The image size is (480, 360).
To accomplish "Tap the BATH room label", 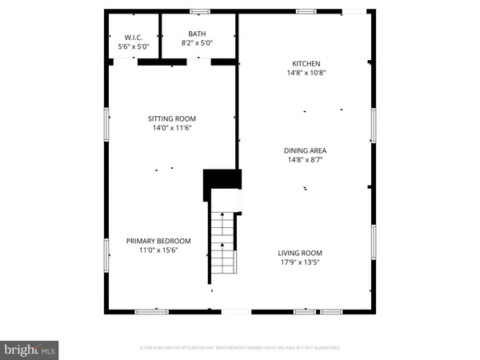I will pyautogui.click(x=197, y=34).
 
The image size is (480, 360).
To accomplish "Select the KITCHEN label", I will pyautogui.click(x=306, y=63).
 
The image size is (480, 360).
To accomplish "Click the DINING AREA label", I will pyautogui.click(x=306, y=150).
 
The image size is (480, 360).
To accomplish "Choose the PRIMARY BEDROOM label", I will pyautogui.click(x=158, y=241).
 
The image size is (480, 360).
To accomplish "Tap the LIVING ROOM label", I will pyautogui.click(x=302, y=253).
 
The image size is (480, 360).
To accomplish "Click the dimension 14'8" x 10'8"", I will pyautogui.click(x=306, y=73).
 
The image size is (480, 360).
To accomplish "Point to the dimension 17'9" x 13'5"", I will pyautogui.click(x=302, y=262).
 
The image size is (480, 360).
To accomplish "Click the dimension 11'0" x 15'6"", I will pyautogui.click(x=158, y=250).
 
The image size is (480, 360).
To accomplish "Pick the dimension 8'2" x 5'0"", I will pyautogui.click(x=197, y=43).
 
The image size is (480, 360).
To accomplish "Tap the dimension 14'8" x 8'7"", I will pyautogui.click(x=306, y=159).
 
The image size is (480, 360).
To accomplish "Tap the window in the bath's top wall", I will pyautogui.click(x=200, y=11).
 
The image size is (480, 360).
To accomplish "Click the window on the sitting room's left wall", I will pyautogui.click(x=106, y=125).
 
